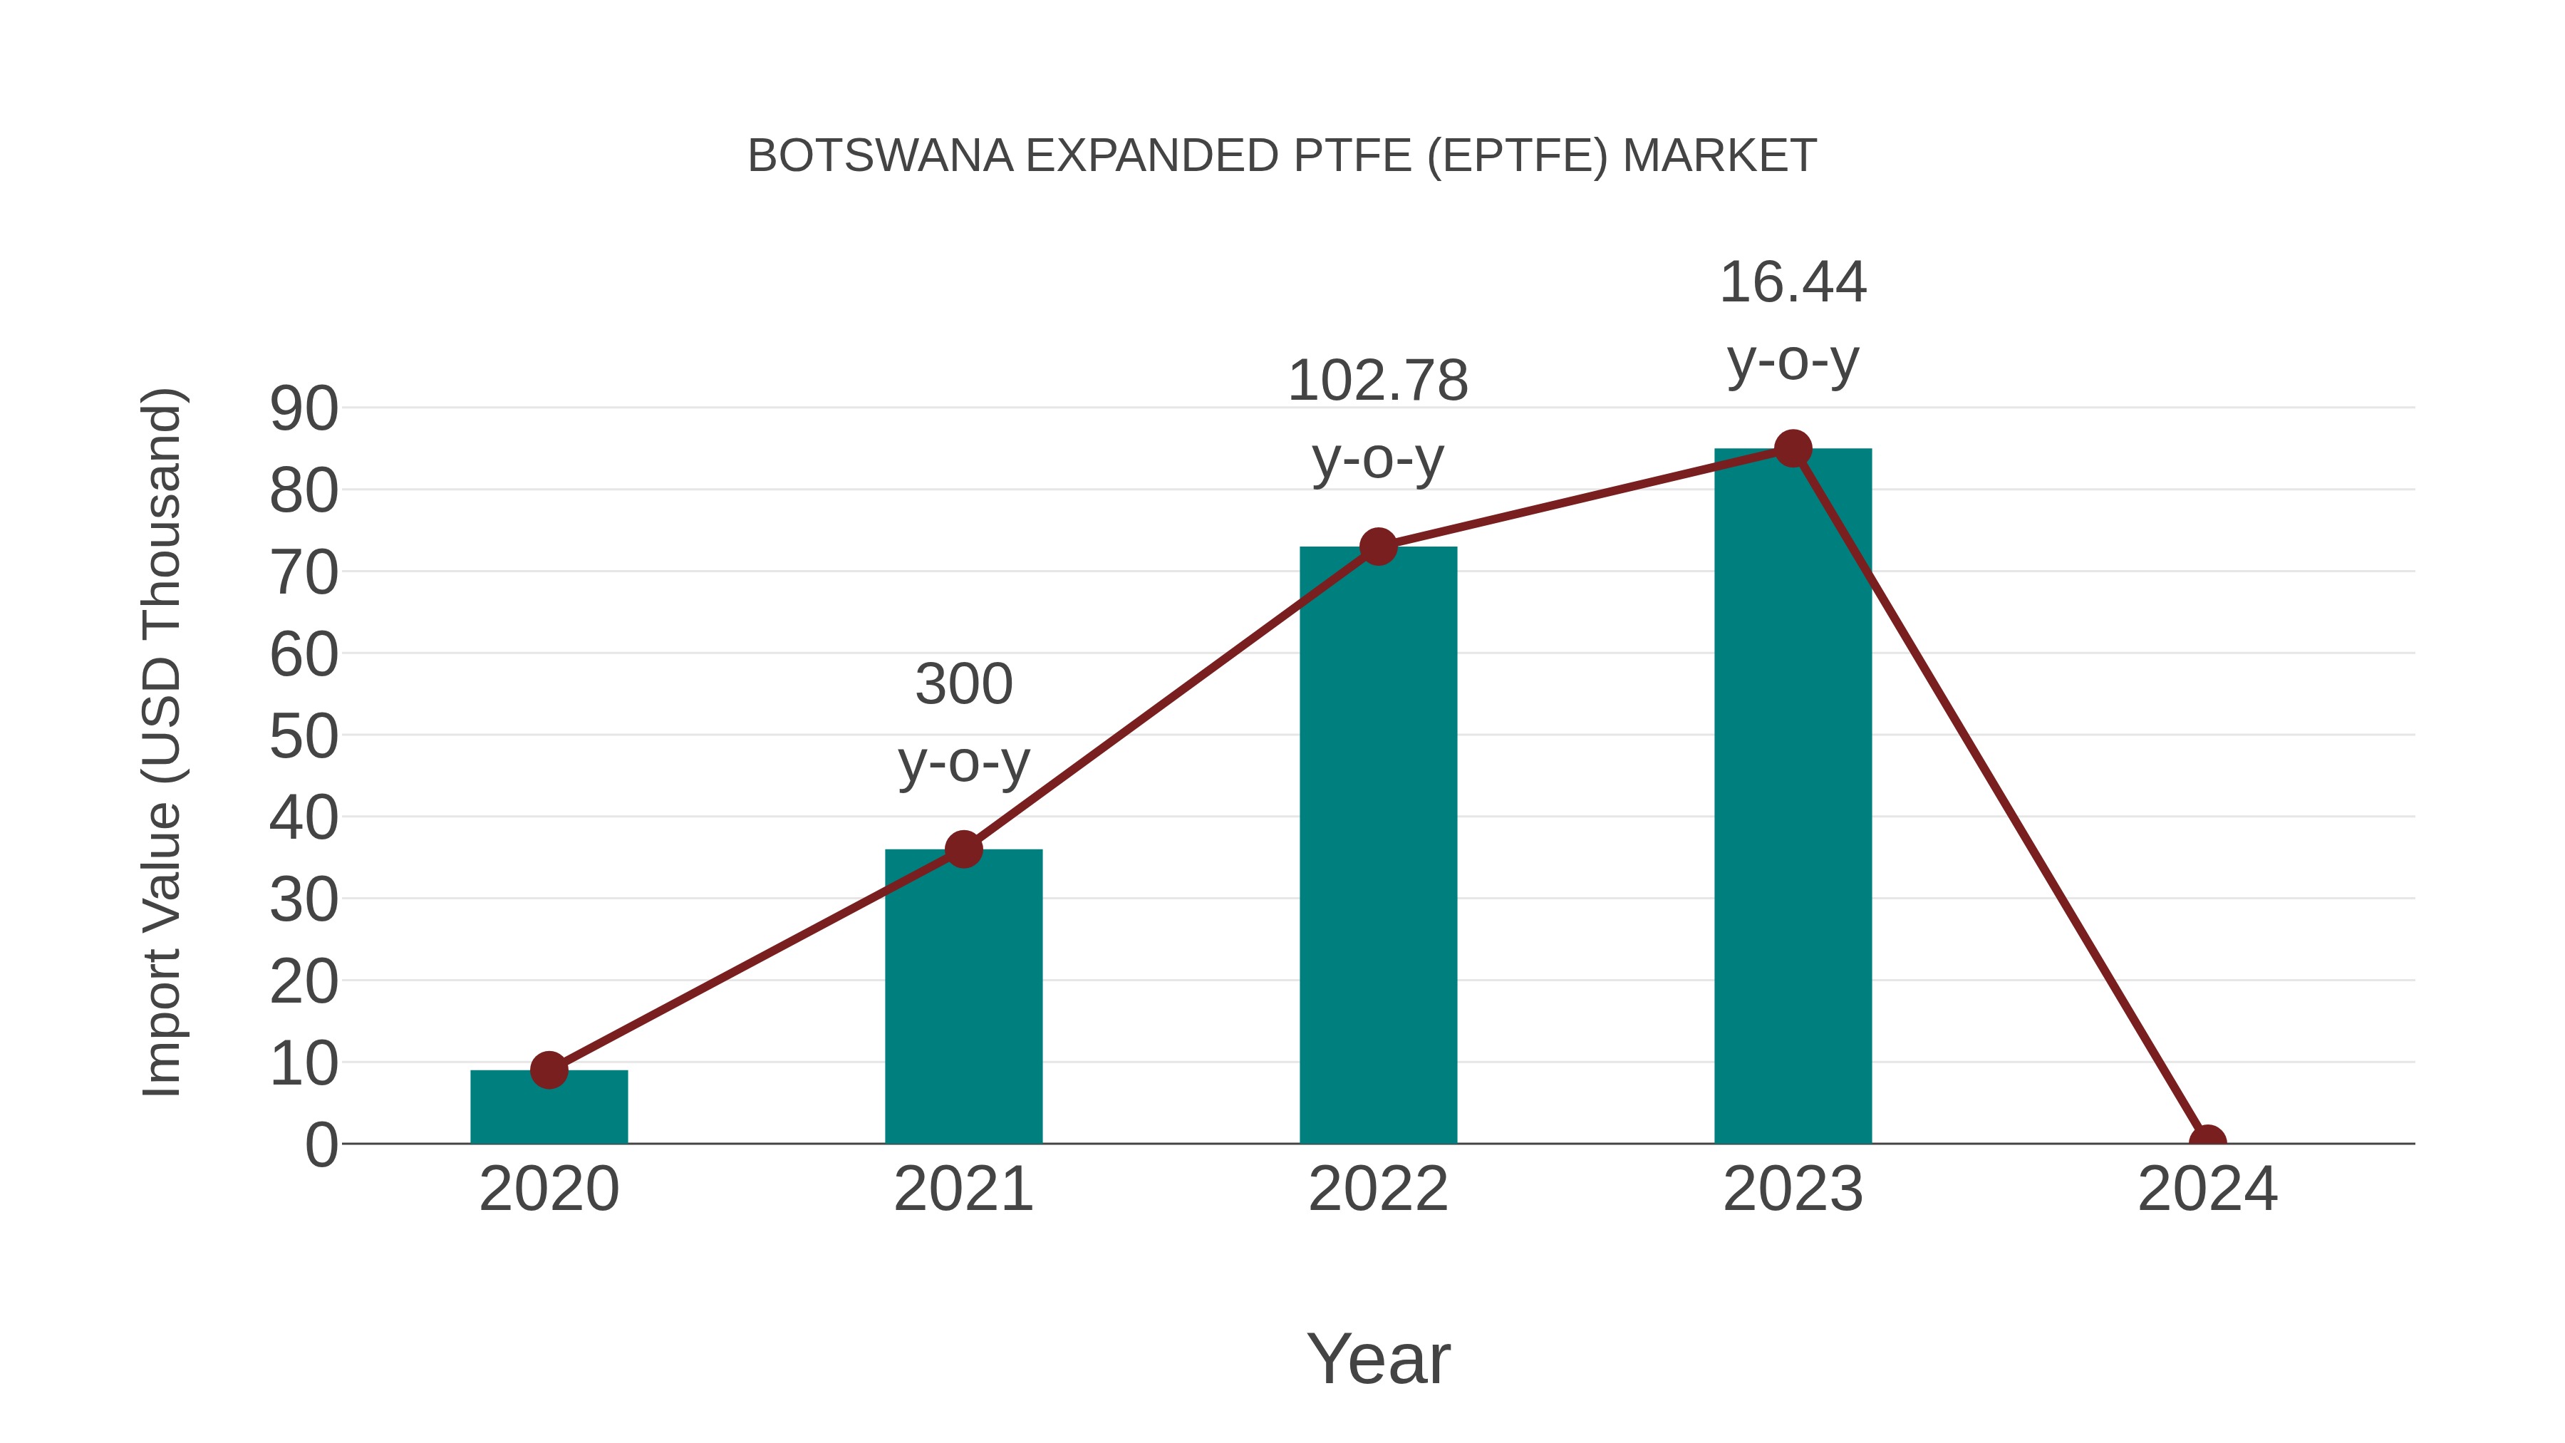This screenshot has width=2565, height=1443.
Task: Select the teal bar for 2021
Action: [x=963, y=996]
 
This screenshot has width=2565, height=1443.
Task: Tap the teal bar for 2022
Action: [x=1378, y=847]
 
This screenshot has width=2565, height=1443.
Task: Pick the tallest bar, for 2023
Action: [x=1793, y=797]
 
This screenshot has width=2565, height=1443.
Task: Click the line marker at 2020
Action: [x=549, y=1070]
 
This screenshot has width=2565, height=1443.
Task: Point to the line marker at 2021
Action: [x=963, y=849]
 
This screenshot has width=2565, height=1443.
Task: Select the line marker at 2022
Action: [x=1378, y=546]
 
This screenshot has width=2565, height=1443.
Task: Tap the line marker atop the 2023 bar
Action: [x=1793, y=448]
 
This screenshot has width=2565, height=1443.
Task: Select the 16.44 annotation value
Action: [x=1793, y=283]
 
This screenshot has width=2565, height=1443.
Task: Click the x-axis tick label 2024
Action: [x=2207, y=1189]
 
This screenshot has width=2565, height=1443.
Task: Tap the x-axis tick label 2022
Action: [x=1378, y=1189]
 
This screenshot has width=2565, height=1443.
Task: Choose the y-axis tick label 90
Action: [x=304, y=408]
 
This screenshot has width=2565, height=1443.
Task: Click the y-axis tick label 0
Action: [x=321, y=1145]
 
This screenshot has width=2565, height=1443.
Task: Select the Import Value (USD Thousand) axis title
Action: [x=161, y=742]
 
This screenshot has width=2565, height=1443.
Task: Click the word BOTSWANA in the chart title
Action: [x=880, y=156]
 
